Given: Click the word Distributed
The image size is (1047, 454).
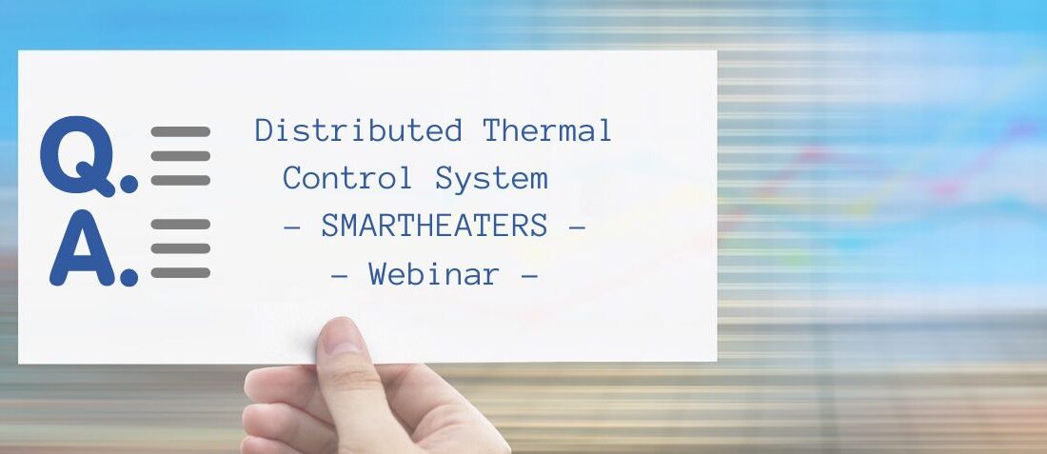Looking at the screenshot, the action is (359, 130).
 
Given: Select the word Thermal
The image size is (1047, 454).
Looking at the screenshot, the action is (547, 130).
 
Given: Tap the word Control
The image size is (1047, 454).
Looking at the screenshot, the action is (347, 178).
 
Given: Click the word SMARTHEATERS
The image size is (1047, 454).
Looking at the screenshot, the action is (435, 227).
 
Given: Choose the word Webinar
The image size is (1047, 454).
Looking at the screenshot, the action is (435, 274).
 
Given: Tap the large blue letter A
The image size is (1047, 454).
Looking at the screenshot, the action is (83, 247).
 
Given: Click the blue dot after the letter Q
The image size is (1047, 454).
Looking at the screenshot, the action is (128, 185).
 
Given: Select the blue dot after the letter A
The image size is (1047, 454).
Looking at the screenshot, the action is (128, 277).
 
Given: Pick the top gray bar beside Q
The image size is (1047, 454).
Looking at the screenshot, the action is (180, 132).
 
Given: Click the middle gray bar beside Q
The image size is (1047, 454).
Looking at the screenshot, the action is (180, 156).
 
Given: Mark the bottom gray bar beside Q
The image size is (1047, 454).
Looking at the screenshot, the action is (180, 180).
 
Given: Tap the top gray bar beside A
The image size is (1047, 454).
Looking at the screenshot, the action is (180, 225).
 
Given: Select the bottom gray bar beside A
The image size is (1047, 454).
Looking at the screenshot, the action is (180, 272).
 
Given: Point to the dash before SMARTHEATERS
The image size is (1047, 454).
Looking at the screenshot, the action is (292, 227).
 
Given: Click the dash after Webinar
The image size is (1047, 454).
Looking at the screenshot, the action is (529, 275).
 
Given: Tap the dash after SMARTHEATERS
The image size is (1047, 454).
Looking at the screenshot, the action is (577, 227).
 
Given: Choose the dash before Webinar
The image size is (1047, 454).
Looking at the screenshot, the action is (340, 275).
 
